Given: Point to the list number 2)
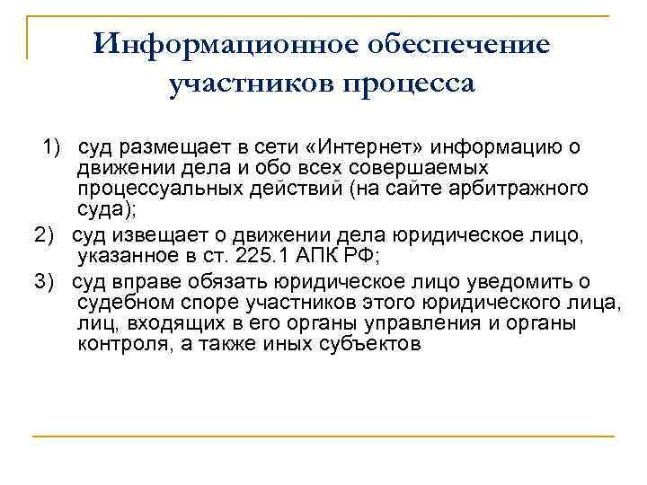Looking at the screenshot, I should point(46,234).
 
